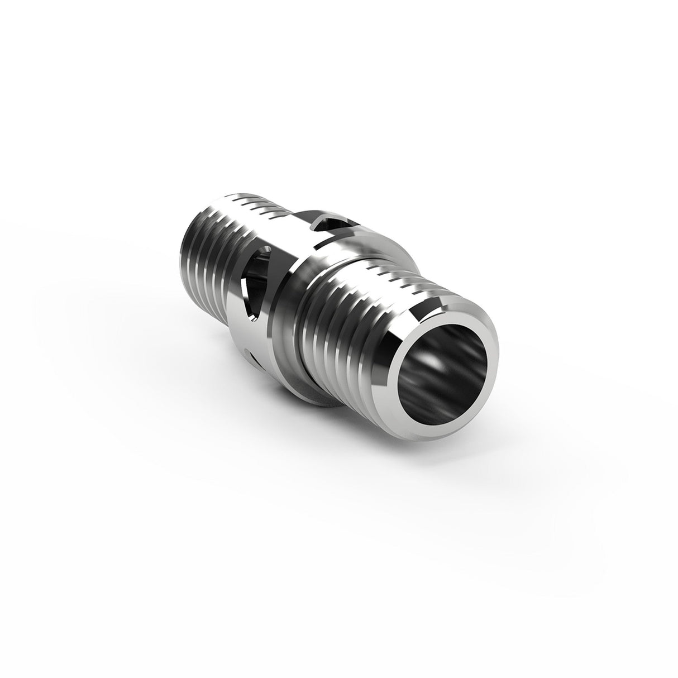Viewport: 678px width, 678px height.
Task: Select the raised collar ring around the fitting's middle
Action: (290, 313)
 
